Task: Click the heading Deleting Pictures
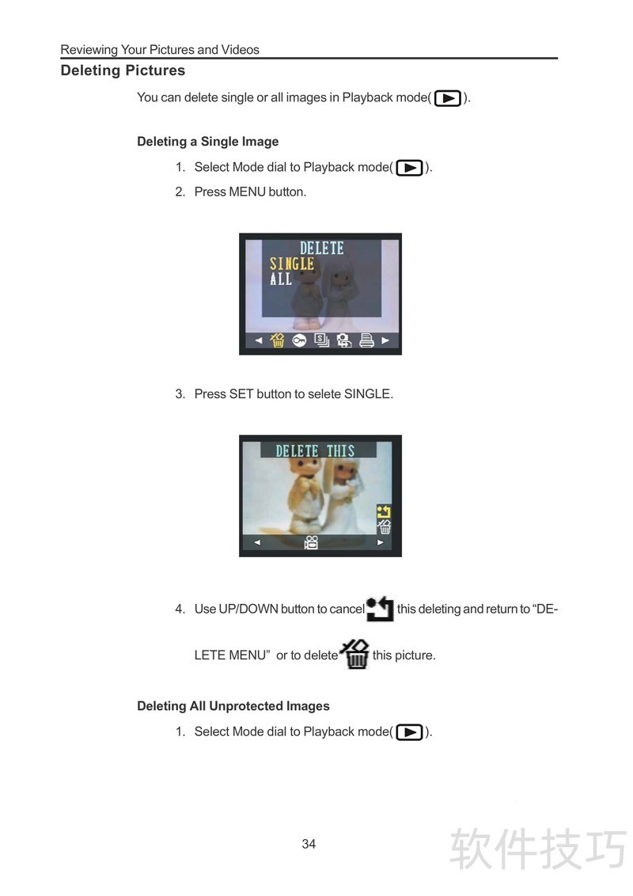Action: pyautogui.click(x=123, y=70)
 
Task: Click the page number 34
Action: pyautogui.click(x=309, y=844)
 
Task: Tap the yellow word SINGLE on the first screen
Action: pyautogui.click(x=291, y=264)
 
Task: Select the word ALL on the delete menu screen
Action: pyautogui.click(x=281, y=279)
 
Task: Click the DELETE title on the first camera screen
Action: pyautogui.click(x=321, y=248)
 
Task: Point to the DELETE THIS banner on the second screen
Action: pyautogui.click(x=316, y=451)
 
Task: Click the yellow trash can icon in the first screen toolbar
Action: pyautogui.click(x=277, y=340)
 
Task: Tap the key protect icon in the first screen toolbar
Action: pyautogui.click(x=299, y=340)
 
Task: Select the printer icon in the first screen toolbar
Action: pyautogui.click(x=366, y=340)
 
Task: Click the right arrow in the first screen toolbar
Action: pyautogui.click(x=385, y=340)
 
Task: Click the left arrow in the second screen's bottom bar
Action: pyautogui.click(x=257, y=542)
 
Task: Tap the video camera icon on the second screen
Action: pyautogui.click(x=311, y=542)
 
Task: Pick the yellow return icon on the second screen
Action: pyautogui.click(x=383, y=511)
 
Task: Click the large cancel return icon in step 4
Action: pyautogui.click(x=380, y=608)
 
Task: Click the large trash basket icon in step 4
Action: pyautogui.click(x=354, y=655)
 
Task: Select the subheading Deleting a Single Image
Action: pyautogui.click(x=208, y=142)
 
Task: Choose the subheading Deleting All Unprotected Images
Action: pyautogui.click(x=233, y=706)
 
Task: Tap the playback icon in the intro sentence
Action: pyautogui.click(x=448, y=98)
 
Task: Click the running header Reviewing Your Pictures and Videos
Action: pyautogui.click(x=160, y=50)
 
